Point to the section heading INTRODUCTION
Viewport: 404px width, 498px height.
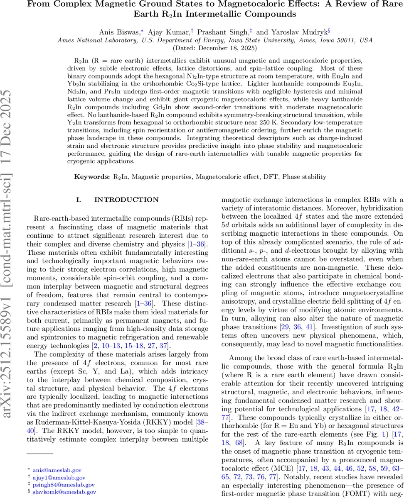[126, 200]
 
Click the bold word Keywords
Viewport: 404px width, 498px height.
[92, 177]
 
